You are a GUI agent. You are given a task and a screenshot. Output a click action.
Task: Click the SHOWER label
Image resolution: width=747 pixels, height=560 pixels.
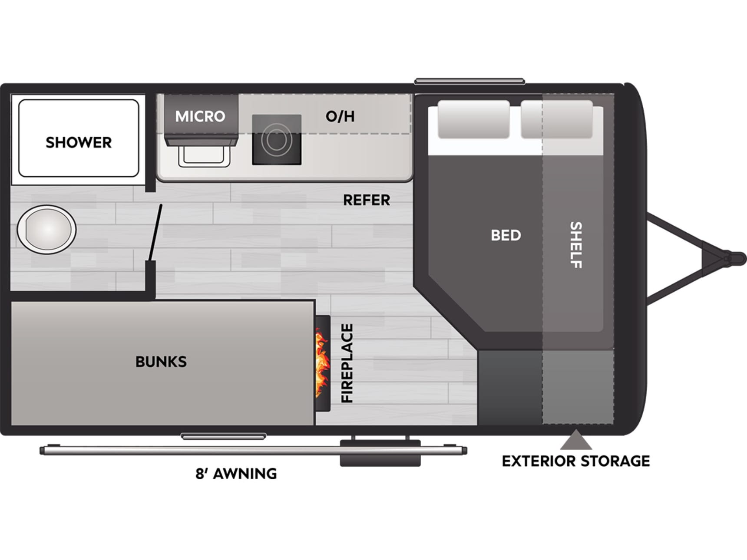pyautogui.click(x=79, y=142)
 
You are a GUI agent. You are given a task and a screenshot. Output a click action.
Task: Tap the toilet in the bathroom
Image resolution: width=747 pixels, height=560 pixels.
pyautogui.click(x=46, y=229)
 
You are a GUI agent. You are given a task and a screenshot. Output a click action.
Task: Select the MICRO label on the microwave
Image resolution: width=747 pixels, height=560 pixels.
pyautogui.click(x=200, y=116)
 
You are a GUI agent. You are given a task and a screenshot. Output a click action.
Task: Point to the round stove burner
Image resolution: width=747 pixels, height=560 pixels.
pyautogui.click(x=277, y=140)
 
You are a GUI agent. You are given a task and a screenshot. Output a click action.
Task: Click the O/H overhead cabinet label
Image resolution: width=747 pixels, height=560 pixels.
pyautogui.click(x=340, y=116)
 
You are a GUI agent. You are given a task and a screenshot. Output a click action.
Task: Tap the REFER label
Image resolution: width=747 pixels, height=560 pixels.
pyautogui.click(x=367, y=200)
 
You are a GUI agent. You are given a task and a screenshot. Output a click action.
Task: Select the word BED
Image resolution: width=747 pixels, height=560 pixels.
pyautogui.click(x=506, y=235)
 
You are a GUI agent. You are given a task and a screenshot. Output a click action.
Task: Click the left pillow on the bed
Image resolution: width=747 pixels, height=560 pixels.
pyautogui.click(x=473, y=119)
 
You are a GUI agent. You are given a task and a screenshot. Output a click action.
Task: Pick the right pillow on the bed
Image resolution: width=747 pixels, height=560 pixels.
pyautogui.click(x=557, y=119)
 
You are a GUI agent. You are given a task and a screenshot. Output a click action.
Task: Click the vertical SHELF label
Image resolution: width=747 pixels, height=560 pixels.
pyautogui.click(x=576, y=245)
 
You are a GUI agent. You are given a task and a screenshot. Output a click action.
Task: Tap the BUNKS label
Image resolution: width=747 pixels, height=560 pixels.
pyautogui.click(x=161, y=362)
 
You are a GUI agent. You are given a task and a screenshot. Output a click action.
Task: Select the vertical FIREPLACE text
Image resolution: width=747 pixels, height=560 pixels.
pyautogui.click(x=347, y=363)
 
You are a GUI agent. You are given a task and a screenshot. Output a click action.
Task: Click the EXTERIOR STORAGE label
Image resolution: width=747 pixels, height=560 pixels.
pyautogui.click(x=576, y=461)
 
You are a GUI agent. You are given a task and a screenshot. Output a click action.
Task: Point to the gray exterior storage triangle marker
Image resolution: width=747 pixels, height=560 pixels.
pyautogui.click(x=576, y=441)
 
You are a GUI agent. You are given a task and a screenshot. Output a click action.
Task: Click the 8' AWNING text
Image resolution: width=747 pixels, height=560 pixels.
pyautogui.click(x=236, y=474)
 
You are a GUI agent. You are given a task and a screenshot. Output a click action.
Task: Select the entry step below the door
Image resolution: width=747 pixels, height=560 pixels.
pyautogui.click(x=380, y=453)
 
